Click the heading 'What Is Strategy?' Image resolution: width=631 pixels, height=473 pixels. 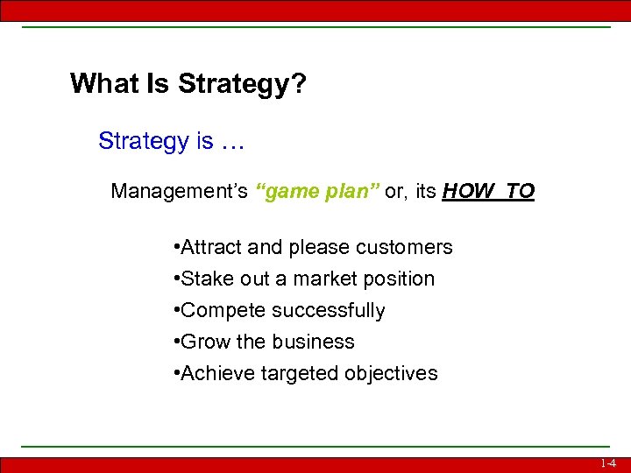(x=188, y=84)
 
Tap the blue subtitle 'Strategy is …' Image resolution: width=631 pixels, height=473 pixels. (x=171, y=141)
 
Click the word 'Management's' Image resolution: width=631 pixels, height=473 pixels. (x=180, y=192)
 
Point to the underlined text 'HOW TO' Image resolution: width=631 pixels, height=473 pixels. (x=488, y=192)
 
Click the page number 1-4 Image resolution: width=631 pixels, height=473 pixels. (x=608, y=463)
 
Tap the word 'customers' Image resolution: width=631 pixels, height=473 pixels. (x=410, y=248)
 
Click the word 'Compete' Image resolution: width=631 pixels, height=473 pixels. (x=219, y=311)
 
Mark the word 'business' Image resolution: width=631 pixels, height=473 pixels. (x=315, y=342)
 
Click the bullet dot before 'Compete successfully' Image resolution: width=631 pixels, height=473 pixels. (x=178, y=311)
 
